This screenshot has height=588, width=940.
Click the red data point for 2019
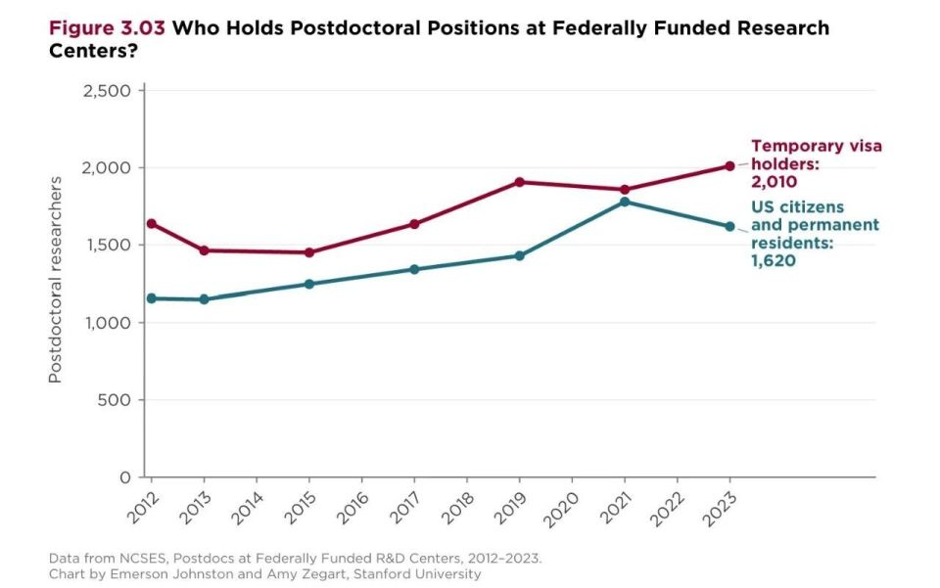(519, 182)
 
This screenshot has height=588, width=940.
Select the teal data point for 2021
(625, 202)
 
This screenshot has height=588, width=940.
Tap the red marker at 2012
(152, 224)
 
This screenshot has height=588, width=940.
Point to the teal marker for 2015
(308, 284)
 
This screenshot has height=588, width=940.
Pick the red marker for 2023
(729, 166)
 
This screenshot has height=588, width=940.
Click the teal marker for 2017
(414, 269)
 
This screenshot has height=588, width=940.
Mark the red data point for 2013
(204, 250)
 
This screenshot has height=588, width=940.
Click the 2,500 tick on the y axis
(106, 91)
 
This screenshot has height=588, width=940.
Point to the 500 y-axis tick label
(114, 400)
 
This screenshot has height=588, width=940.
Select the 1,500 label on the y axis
(107, 246)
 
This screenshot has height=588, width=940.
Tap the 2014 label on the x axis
(247, 509)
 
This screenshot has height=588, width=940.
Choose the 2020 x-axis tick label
(561, 510)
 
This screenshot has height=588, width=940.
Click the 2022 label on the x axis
(667, 510)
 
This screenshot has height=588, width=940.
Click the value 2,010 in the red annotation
(774, 182)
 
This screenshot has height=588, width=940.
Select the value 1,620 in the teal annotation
(774, 260)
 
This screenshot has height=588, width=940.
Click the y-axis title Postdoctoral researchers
(55, 280)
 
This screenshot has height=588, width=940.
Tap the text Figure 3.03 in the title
(107, 28)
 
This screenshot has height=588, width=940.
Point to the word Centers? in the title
(93, 52)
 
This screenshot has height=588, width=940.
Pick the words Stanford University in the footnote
(417, 574)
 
